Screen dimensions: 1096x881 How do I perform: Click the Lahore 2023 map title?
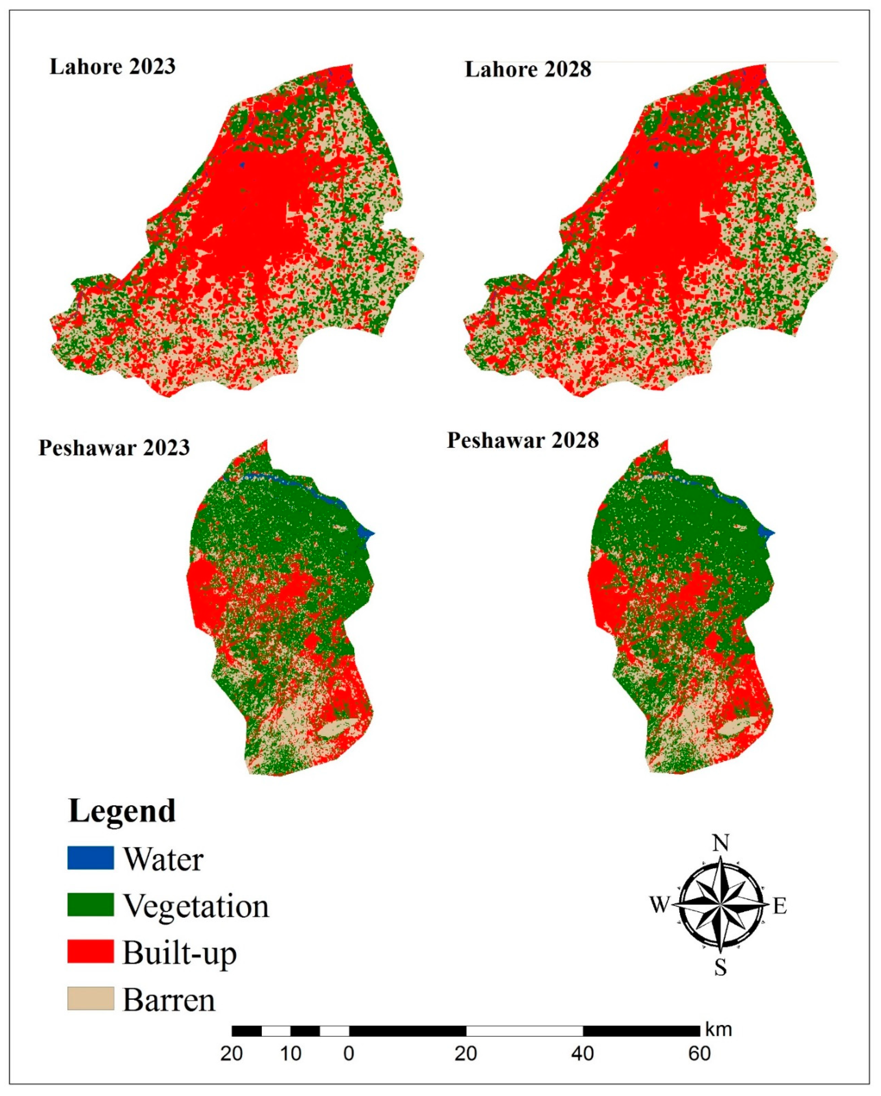112,67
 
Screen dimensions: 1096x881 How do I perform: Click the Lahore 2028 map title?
528,70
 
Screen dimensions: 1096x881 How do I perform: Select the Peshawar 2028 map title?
522,440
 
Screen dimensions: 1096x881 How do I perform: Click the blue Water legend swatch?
91,858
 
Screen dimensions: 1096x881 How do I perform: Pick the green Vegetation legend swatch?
91,905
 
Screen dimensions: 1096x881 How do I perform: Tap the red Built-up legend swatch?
91,951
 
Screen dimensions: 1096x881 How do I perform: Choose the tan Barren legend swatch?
91,998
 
